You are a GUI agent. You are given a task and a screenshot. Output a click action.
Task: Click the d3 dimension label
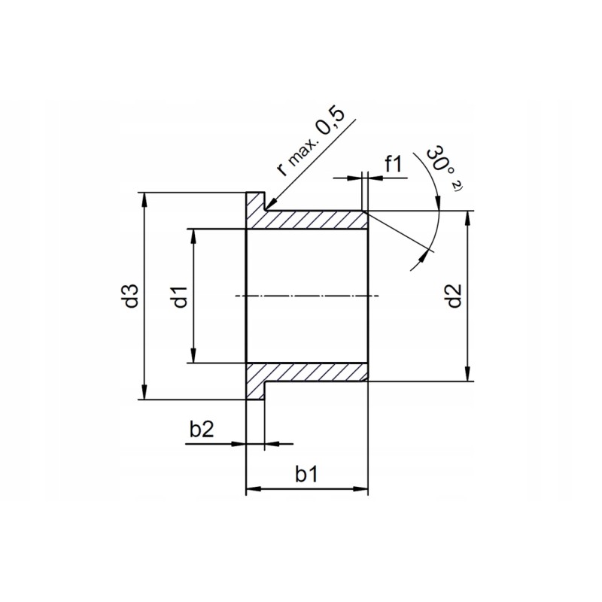[x=132, y=296]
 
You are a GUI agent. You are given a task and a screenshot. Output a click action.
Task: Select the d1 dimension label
[x=179, y=296]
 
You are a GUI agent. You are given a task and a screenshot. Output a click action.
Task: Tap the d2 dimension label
[x=453, y=296]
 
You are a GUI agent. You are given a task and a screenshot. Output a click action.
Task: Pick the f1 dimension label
[x=393, y=163]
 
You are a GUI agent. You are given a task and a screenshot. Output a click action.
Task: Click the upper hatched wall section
[x=312, y=220]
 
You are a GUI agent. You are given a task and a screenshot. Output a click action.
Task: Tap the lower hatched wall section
[x=312, y=372]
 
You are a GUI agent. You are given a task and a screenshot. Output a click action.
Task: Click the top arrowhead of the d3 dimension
[x=144, y=197]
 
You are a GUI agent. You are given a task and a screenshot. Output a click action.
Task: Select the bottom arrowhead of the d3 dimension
[x=144, y=394]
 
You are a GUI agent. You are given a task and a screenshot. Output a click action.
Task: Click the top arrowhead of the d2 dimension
[x=469, y=217]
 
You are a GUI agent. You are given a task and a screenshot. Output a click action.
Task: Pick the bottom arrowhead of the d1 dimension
[x=194, y=357]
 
